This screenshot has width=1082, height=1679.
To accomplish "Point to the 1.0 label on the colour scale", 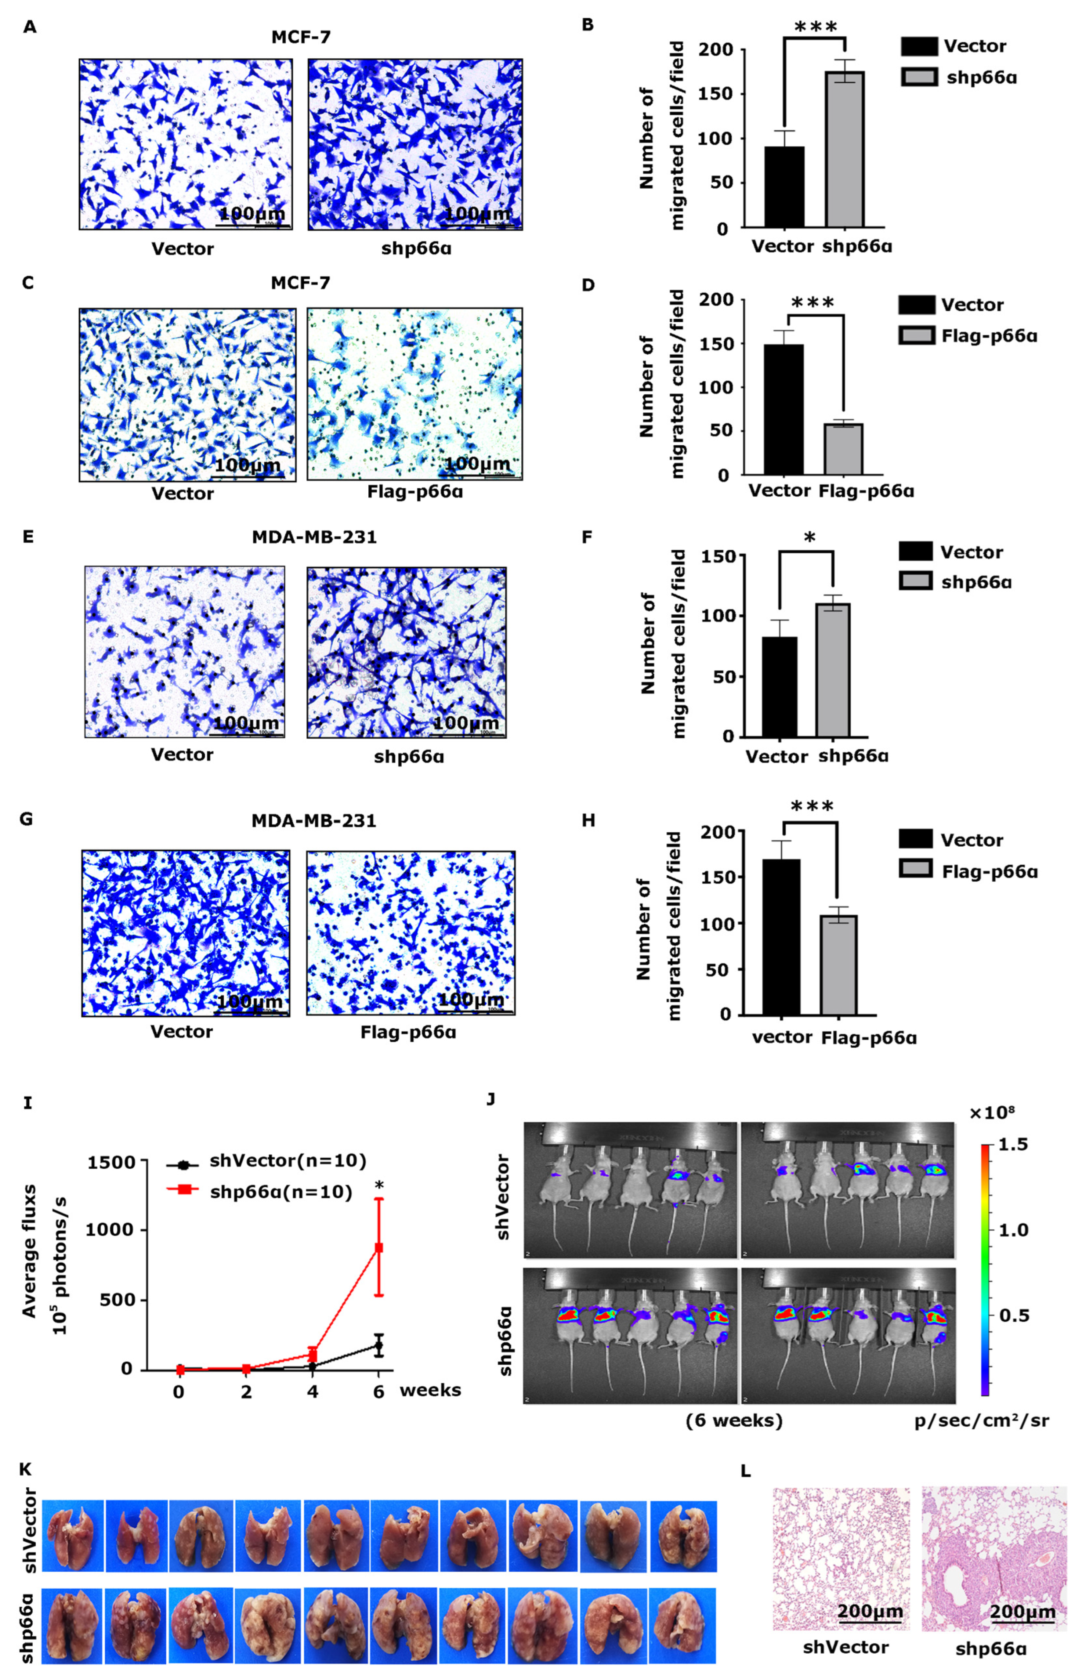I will [x=1013, y=1230].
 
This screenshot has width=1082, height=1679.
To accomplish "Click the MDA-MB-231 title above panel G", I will [x=314, y=820].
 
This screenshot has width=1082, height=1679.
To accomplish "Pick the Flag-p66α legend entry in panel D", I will [x=988, y=336].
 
